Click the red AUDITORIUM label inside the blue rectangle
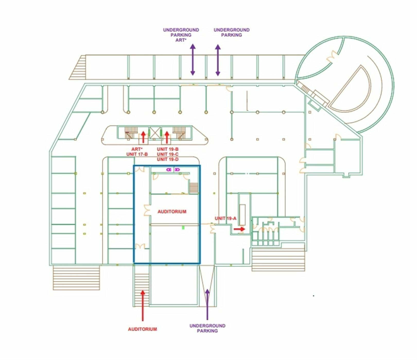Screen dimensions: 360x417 coord(172,212)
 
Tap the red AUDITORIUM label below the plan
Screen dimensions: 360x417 coord(142,329)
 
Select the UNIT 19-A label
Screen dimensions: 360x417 coord(225,219)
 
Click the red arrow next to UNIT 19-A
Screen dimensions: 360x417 coord(239,229)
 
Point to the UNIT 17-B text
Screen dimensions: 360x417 coord(137,154)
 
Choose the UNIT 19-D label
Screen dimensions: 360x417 coord(168,159)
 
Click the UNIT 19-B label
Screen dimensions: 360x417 coord(168,149)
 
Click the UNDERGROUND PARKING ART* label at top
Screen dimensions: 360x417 coord(181,35)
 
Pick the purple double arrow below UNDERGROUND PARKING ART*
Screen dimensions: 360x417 coord(193,60)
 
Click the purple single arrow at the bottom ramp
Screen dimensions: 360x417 coord(207,304)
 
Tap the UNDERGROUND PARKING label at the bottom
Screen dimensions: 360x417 coord(207,328)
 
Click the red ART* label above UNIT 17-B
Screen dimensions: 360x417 coord(136,149)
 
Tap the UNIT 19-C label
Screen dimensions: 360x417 coord(168,154)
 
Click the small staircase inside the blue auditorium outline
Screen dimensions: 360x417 coord(194,187)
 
